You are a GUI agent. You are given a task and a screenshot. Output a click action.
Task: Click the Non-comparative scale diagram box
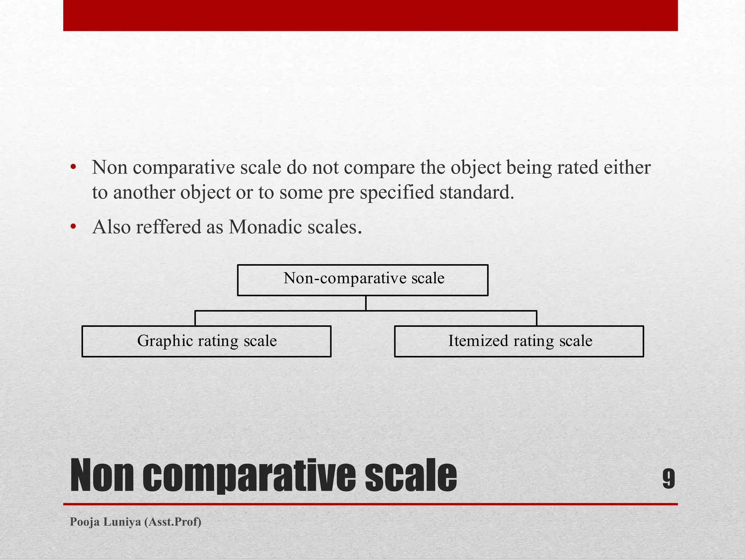pyautogui.click(x=362, y=280)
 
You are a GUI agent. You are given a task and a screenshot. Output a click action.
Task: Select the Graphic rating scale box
pyautogui.click(x=206, y=341)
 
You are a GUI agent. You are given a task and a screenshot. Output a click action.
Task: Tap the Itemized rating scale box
pyautogui.click(x=519, y=341)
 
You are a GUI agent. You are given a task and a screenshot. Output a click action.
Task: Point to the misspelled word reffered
pyautogui.click(x=168, y=227)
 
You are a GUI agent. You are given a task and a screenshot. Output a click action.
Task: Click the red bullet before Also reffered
pyautogui.click(x=73, y=227)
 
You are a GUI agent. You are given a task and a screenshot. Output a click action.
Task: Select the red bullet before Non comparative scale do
pyautogui.click(x=73, y=167)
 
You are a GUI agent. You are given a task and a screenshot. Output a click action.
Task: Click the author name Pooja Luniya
pyautogui.click(x=105, y=522)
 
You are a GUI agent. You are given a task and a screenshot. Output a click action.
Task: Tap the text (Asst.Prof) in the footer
pyautogui.click(x=173, y=522)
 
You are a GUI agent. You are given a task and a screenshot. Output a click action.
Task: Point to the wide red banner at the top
pyautogui.click(x=370, y=15)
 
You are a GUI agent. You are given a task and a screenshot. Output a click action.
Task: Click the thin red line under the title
pyautogui.click(x=370, y=504)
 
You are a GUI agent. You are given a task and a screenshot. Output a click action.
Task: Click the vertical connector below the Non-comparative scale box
pyautogui.click(x=366, y=303)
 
